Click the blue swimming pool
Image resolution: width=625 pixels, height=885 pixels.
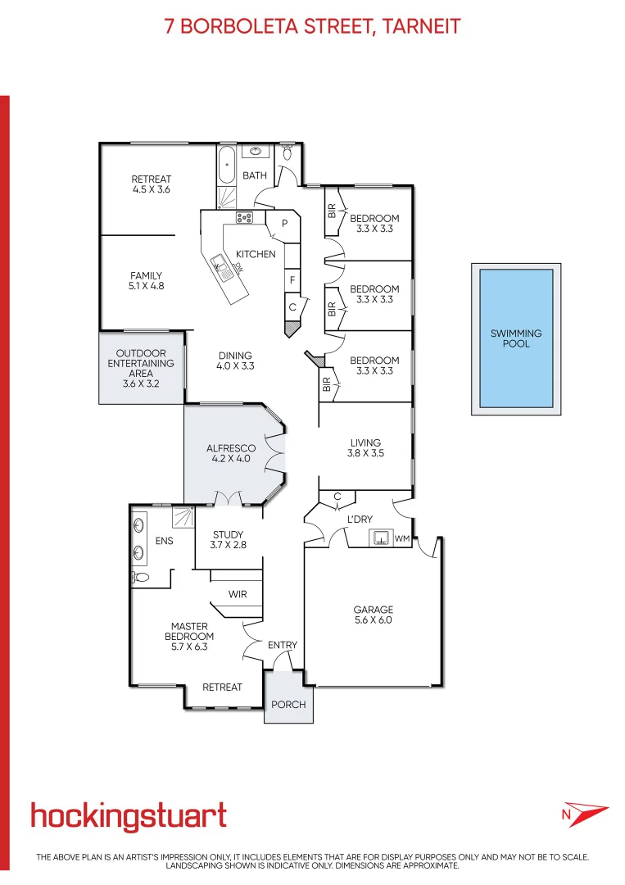pos(516,338)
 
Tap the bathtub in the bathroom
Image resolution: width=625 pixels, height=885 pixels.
pos(227,166)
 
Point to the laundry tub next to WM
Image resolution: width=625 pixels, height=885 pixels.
pos(380,538)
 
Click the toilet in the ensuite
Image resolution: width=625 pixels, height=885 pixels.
pos(141,578)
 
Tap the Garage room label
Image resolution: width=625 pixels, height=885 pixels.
pos(374,615)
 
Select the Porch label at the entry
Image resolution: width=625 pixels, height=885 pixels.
pos(288,705)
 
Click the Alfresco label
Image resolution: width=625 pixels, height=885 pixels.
pos(231,454)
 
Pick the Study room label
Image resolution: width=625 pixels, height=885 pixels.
pos(229,539)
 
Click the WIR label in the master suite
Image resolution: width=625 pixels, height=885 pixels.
pos(238,595)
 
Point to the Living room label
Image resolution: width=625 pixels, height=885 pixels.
pos(365,448)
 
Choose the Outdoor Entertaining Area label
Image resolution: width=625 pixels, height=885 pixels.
pos(141,368)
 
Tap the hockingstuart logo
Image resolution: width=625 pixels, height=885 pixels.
pos(129,815)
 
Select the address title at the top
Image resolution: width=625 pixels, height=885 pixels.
pos(313,26)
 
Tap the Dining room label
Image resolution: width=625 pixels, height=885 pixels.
pos(236,361)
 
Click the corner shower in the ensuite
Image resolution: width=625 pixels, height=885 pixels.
pos(183,518)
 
